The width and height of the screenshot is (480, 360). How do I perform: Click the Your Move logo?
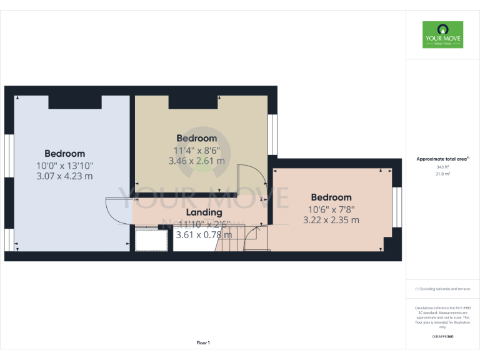click(442, 34)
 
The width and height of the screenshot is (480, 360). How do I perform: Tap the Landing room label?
click(204, 212)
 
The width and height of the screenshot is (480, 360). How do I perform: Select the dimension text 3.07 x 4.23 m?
click(65, 176)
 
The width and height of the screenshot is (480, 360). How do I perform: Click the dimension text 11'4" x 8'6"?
click(196, 150)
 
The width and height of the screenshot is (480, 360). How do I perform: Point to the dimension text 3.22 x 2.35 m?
click(331, 220)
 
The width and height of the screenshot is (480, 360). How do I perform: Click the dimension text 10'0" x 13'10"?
click(65, 166)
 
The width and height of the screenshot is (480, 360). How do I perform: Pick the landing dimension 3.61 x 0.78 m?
click(204, 235)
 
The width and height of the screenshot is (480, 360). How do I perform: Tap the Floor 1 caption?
click(203, 342)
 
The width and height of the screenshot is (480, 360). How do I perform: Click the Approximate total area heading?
click(442, 159)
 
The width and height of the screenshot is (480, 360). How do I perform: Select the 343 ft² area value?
click(442, 167)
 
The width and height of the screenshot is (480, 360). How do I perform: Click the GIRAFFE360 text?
click(442, 337)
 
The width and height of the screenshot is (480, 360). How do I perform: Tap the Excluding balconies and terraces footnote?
click(442, 289)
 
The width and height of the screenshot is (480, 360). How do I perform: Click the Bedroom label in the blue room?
click(65, 154)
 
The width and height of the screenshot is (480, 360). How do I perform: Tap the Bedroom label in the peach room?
click(331, 197)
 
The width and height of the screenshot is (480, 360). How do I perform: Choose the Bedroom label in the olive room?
click(196, 138)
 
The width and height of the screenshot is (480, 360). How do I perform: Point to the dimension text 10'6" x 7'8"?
click(331, 209)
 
